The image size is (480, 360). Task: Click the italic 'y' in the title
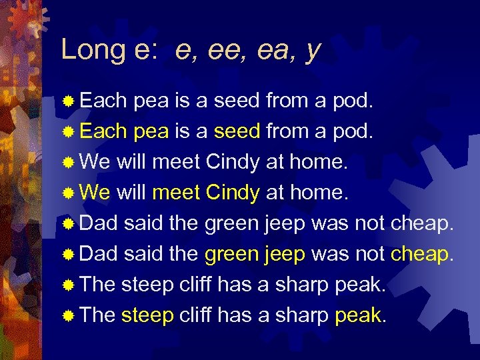[312, 51]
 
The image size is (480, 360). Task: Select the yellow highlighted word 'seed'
[237, 131]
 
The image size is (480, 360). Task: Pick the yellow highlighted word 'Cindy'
[233, 193]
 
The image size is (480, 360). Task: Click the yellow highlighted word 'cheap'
[419, 255]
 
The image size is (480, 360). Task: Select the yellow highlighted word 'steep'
[147, 316]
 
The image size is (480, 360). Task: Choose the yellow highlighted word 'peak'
[359, 315]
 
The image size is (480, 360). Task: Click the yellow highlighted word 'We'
[95, 193]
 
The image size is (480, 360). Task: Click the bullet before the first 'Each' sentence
[68, 101]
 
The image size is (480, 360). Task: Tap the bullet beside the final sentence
[68, 315]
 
